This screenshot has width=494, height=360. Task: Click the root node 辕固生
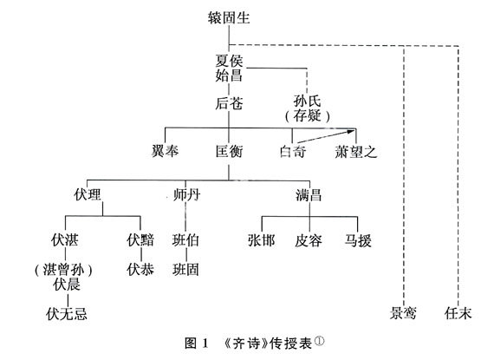pyautogui.click(x=229, y=17)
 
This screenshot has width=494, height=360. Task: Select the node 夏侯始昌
pyautogui.click(x=229, y=69)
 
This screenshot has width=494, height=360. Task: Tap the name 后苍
pyautogui.click(x=229, y=103)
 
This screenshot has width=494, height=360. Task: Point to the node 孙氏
pyautogui.click(x=307, y=101)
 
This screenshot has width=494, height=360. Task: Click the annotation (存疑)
pyautogui.click(x=308, y=116)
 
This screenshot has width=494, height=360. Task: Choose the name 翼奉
pyautogui.click(x=165, y=151)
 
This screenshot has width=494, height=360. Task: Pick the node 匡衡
pyautogui.click(x=230, y=151)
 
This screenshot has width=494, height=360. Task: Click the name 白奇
pyautogui.click(x=293, y=151)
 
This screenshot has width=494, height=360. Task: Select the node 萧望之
pyautogui.click(x=356, y=152)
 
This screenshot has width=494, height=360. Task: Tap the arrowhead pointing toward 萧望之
pyautogui.click(x=352, y=131)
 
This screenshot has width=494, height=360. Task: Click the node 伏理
pyautogui.click(x=88, y=194)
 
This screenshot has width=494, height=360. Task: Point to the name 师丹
pyautogui.click(x=186, y=194)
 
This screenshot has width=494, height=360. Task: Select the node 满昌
pyautogui.click(x=309, y=194)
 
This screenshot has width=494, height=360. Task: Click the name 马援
pyautogui.click(x=358, y=240)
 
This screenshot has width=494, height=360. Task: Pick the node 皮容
pyautogui.click(x=309, y=241)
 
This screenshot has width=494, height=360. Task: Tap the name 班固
pyautogui.click(x=185, y=270)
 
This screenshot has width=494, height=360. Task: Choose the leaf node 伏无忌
pyautogui.click(x=67, y=314)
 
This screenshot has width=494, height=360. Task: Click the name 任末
pyautogui.click(x=458, y=313)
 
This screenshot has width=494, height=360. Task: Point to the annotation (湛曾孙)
pyautogui.click(x=63, y=270)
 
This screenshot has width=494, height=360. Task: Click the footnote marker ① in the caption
pyautogui.click(x=319, y=340)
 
